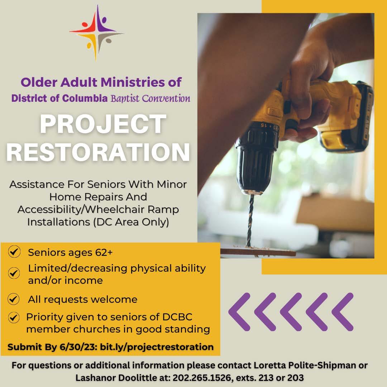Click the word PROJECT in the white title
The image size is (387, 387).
(103, 124)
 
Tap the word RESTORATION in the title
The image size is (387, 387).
(98, 152)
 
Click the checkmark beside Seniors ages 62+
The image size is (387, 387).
(14, 252)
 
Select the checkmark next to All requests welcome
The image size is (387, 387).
(14, 299)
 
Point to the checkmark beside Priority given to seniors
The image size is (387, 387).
(14, 317)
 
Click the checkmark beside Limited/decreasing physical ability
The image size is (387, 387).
(14, 273)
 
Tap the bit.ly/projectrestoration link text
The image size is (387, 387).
(157, 347)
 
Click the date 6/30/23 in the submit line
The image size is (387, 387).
(77, 347)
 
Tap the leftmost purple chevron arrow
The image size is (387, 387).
(239, 312)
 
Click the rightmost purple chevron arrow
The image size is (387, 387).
(343, 312)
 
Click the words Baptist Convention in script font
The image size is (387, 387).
(150, 99)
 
